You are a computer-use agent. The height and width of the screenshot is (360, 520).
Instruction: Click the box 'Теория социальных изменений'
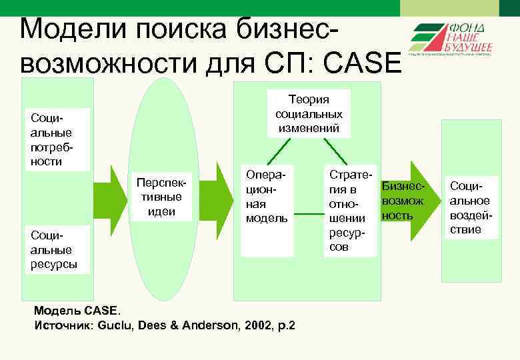pos(309,114)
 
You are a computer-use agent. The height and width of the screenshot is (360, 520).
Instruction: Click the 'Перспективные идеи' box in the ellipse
pos(164,197)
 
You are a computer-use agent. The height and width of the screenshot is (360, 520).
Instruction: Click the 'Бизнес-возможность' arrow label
pos(402,200)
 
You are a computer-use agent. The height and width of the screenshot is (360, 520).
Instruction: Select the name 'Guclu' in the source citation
pos(115,325)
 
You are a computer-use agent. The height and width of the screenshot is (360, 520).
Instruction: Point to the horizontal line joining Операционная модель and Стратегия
pos(309,215)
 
